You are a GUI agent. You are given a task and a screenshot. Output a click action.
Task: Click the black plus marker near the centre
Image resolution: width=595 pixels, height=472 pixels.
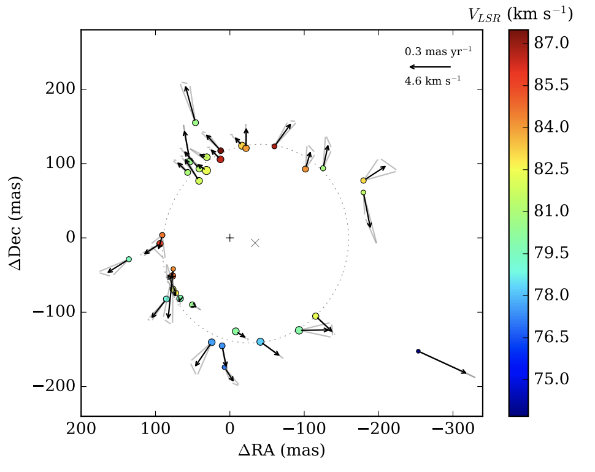click(229, 238)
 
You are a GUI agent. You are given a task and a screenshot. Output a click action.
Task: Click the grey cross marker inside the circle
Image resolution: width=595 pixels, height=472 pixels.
click(255, 243)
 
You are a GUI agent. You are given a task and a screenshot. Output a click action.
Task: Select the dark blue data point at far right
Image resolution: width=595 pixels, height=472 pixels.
click(418, 351)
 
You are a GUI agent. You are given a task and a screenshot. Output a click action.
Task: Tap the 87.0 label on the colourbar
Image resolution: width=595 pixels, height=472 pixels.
click(552, 43)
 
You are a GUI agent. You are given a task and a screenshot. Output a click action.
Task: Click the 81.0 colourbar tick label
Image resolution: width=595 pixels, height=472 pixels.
click(552, 211)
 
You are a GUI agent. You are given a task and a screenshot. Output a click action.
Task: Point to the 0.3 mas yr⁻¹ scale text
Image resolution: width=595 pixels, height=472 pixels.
click(438, 51)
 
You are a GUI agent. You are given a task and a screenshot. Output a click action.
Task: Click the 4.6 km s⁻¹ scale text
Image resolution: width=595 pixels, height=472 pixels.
click(432, 80)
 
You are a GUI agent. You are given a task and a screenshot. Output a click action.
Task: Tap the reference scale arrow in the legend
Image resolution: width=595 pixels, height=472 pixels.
click(430, 66)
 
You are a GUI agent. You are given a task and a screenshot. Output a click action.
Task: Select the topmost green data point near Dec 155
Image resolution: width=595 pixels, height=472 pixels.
click(196, 123)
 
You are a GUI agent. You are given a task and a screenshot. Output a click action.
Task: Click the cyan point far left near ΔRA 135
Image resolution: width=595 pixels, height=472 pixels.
click(129, 259)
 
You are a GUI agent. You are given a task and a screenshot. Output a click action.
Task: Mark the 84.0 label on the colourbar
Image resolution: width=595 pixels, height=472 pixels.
click(552, 127)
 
